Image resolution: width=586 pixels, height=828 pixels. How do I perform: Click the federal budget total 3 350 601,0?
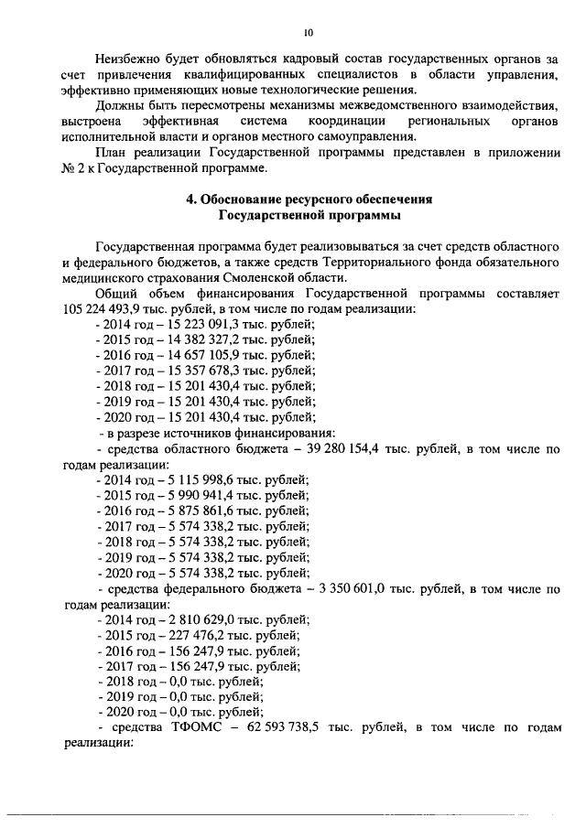pyautogui.click(x=371, y=589)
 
